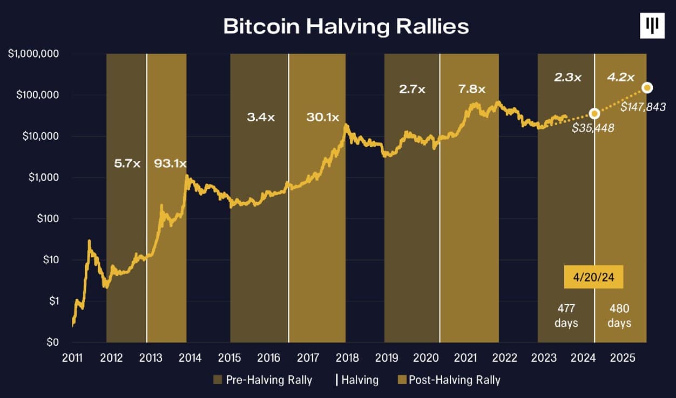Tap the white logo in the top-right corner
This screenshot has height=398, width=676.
pyautogui.click(x=652, y=25)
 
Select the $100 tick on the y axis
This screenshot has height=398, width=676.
pyautogui.click(x=46, y=218)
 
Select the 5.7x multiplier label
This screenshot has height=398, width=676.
pyautogui.click(x=127, y=163)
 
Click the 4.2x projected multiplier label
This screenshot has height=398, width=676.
pyautogui.click(x=620, y=77)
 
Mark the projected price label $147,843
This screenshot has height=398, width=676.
pyautogui.click(x=643, y=107)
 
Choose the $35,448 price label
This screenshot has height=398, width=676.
pyautogui.click(x=593, y=128)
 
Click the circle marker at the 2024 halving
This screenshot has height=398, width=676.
pyautogui.click(x=594, y=113)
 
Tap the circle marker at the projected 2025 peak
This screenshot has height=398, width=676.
pyautogui.click(x=647, y=87)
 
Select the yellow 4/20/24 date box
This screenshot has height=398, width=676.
pyautogui.click(x=593, y=278)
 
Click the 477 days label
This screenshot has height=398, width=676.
pyautogui.click(x=566, y=315)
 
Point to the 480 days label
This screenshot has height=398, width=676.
pyautogui.click(x=619, y=315)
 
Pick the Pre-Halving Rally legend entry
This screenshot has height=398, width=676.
pyautogui.click(x=263, y=380)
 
